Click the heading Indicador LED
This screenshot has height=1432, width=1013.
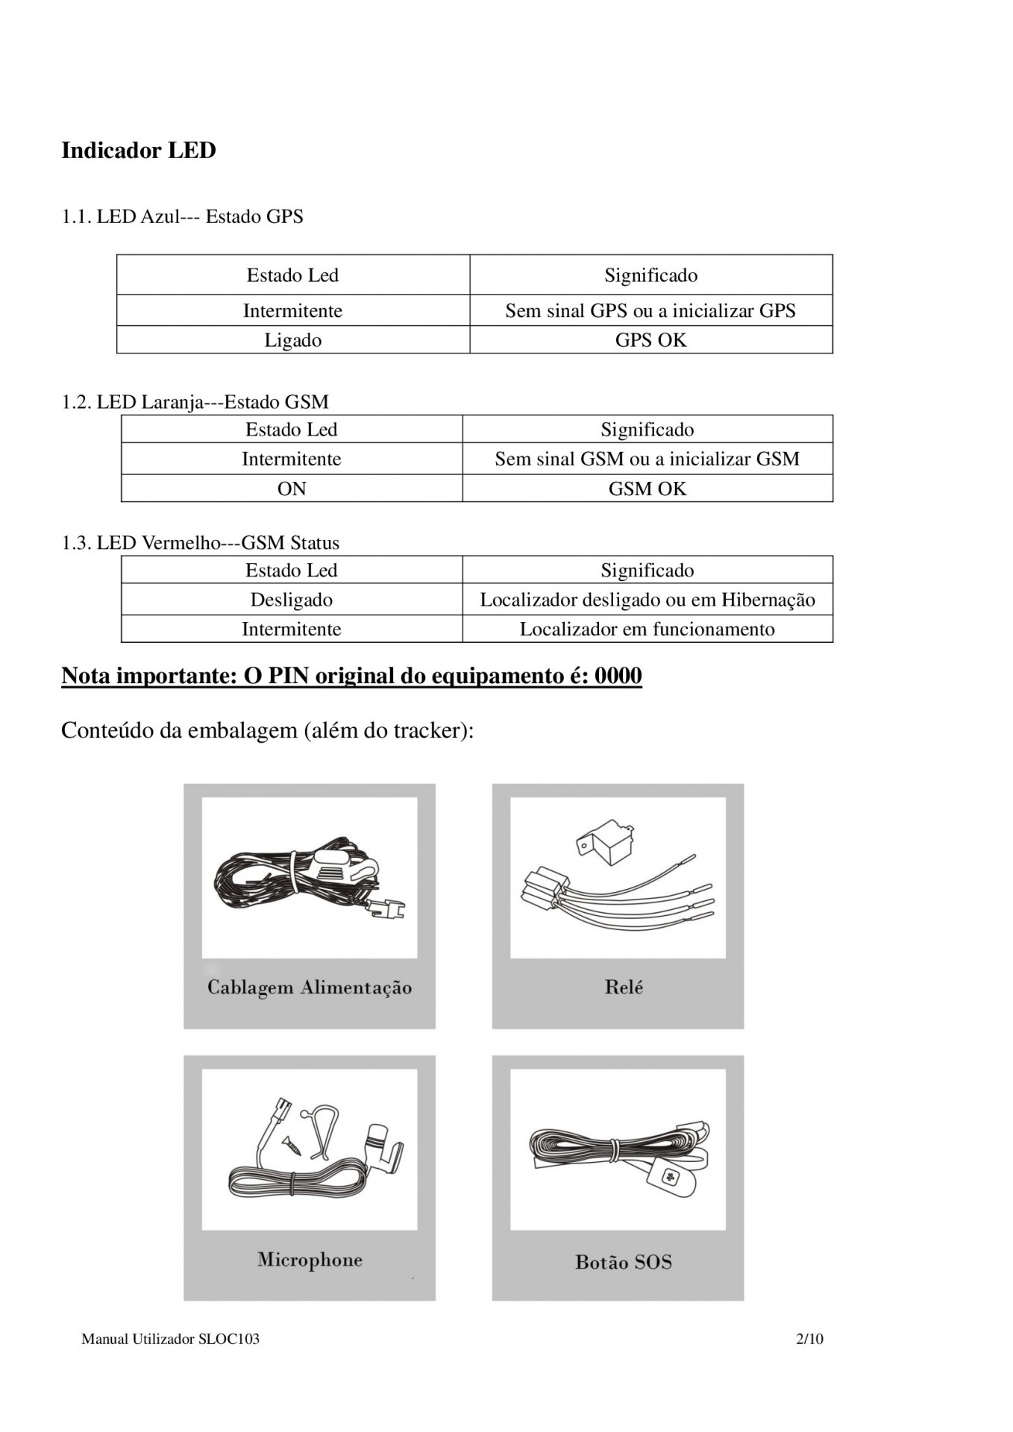pos(139,151)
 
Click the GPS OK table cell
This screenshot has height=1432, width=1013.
pos(650,340)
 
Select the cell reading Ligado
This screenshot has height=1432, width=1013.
pos(292,340)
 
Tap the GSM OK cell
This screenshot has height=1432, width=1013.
pos(647,489)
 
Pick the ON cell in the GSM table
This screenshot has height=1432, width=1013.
pos(292,489)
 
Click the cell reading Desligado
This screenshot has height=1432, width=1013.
pos(292,600)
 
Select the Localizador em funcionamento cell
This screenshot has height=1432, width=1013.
pos(647,629)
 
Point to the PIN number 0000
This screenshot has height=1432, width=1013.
pos(618,676)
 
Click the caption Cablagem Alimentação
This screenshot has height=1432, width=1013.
pos(310,987)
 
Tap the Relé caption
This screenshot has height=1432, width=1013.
pos(624,987)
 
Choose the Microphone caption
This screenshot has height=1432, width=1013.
pos(310,1260)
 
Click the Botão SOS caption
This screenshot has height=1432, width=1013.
pos(624,1262)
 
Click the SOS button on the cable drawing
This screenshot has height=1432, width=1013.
pos(668,1178)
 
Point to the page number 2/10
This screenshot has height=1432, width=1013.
pos(809,1339)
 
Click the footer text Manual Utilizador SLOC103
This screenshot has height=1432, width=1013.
pos(170,1339)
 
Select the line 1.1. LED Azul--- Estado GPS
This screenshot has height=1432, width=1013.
pos(182,217)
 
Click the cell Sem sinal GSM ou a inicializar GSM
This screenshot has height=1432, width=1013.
pos(647,459)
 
